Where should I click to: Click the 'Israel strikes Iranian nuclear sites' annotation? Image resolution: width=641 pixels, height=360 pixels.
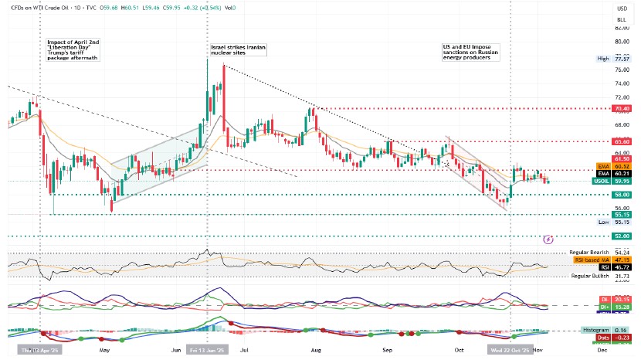pos(239,50)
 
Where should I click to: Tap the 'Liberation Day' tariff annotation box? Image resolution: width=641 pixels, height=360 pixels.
pos(74,47)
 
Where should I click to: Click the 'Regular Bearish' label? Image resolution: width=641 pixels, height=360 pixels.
pos(588,253)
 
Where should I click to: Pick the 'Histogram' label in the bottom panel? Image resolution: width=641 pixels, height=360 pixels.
pos(595,330)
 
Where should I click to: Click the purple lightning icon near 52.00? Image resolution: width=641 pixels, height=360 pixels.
pos(548,239)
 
